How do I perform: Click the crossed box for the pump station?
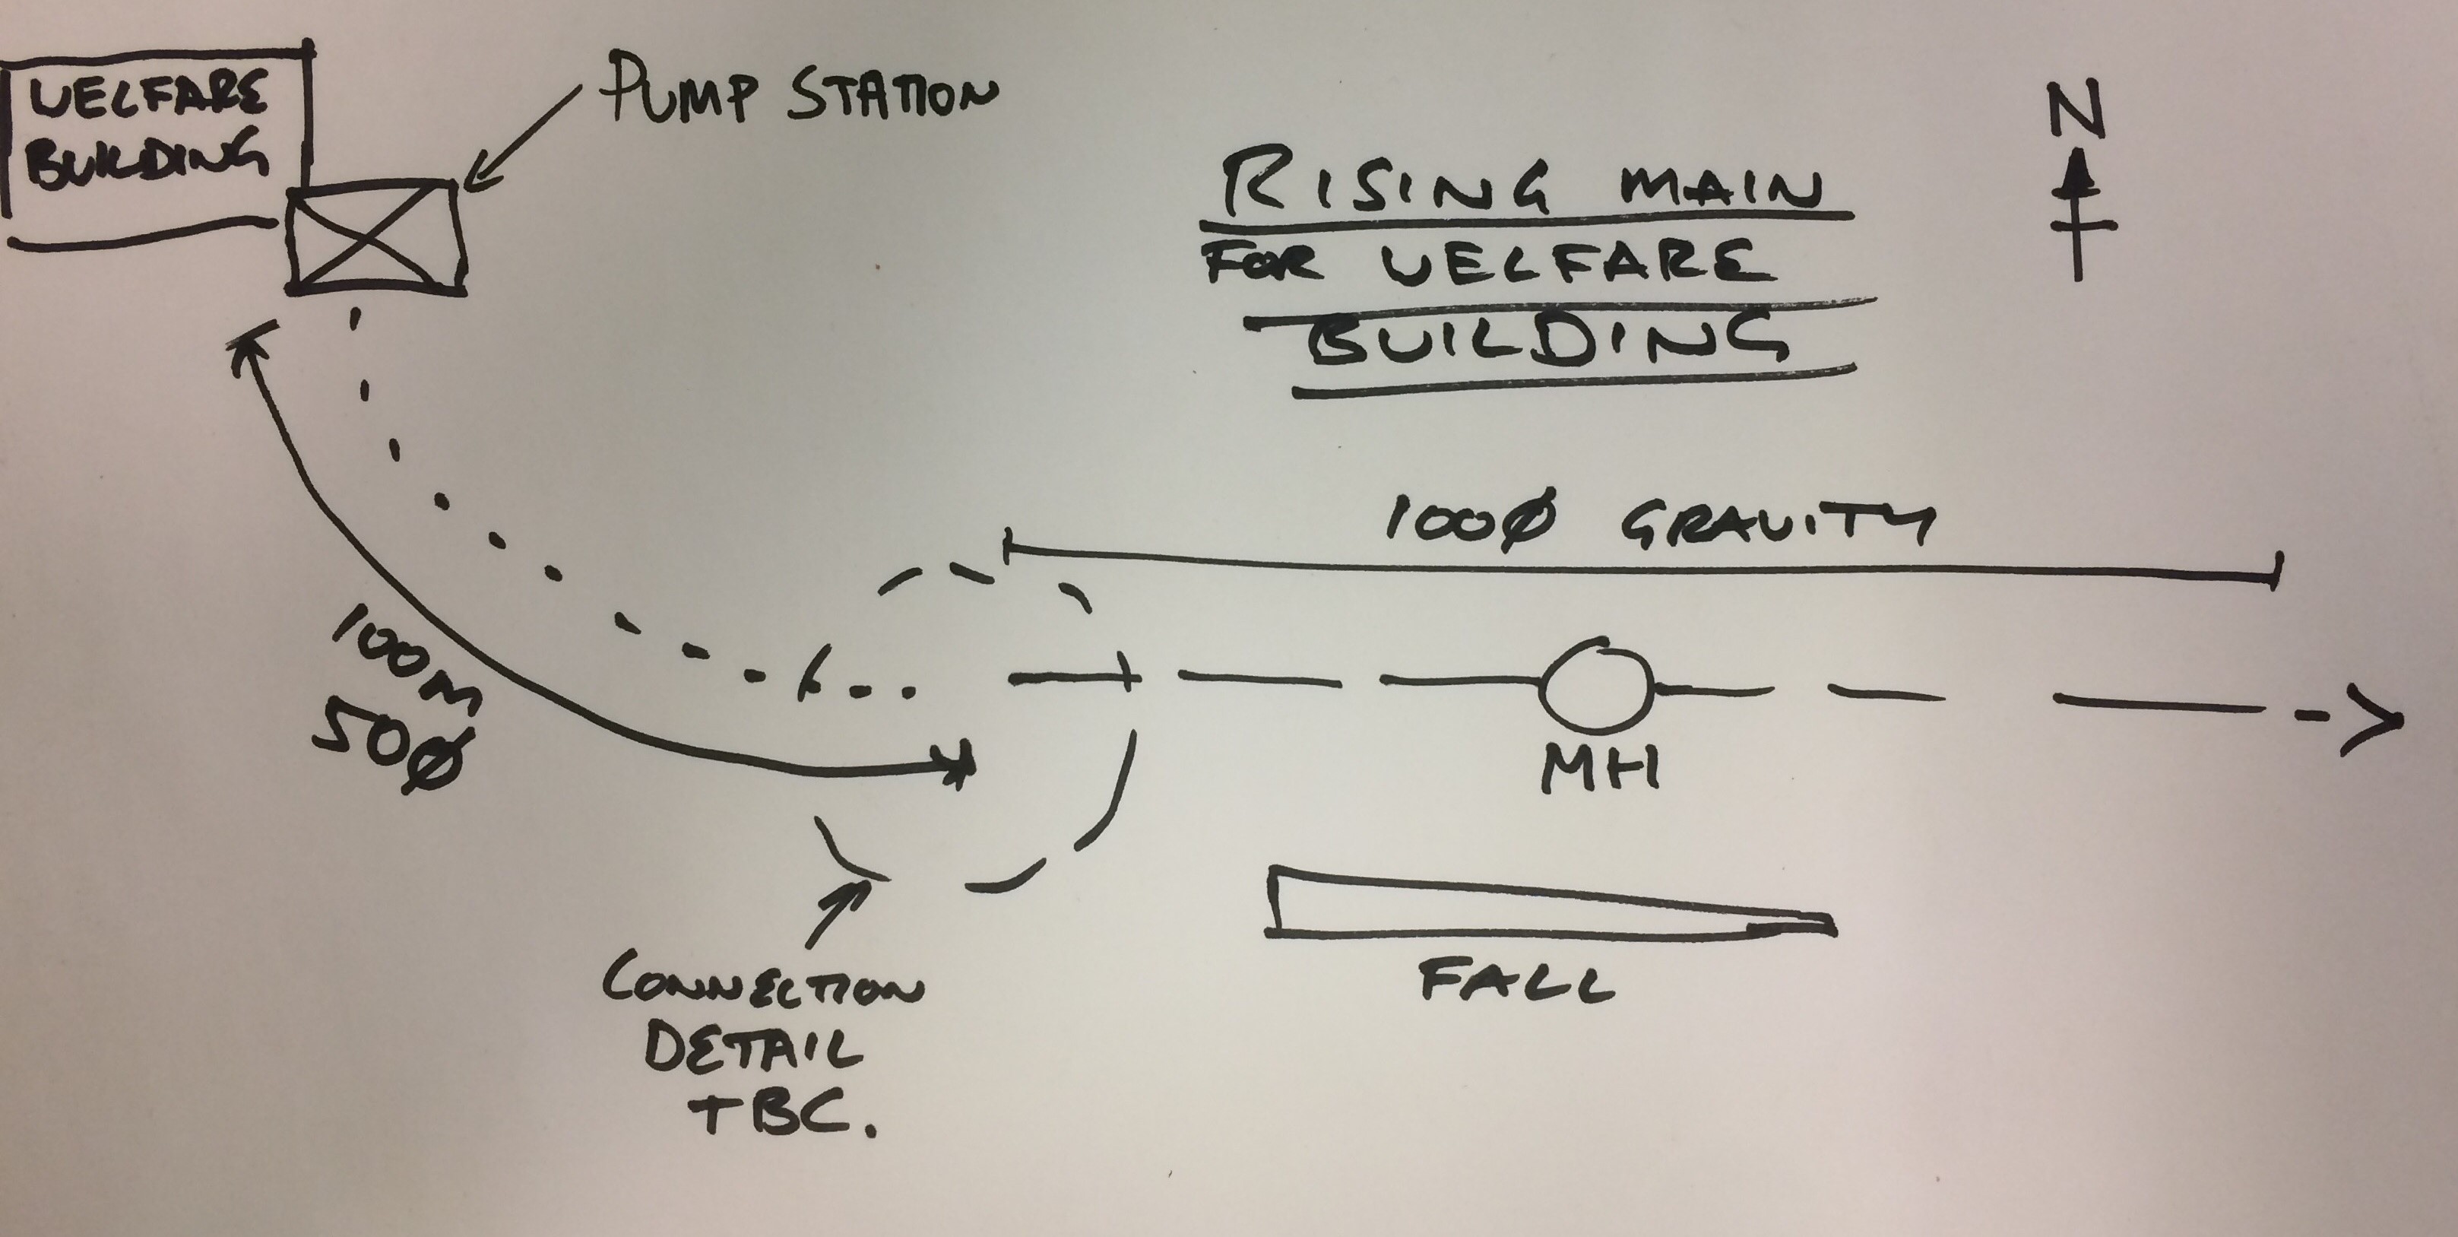tap(377, 236)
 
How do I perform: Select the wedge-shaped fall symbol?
tap(1546, 902)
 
